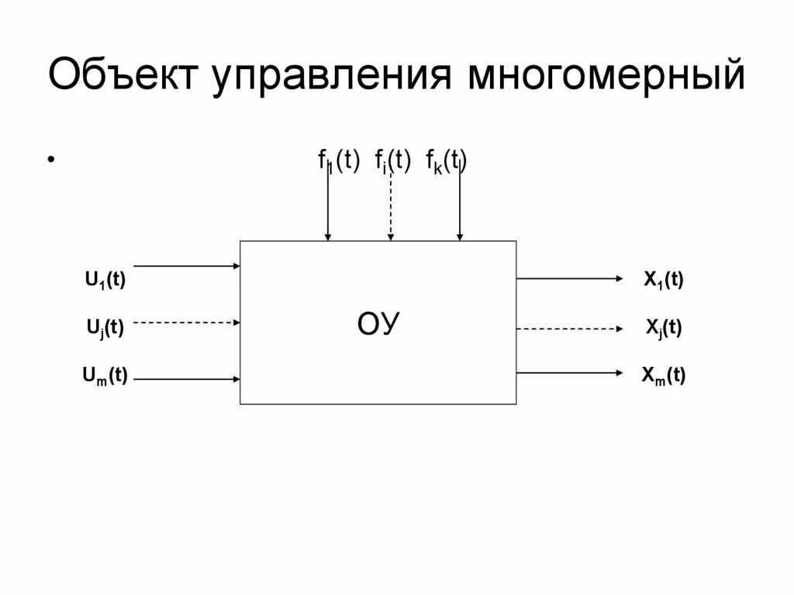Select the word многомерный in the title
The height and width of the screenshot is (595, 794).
[x=606, y=79]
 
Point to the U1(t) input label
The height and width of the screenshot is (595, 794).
[x=105, y=280]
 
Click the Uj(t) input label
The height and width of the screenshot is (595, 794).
[x=105, y=327]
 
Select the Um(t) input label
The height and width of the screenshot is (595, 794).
[x=105, y=376]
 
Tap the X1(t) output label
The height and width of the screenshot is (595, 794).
[x=663, y=280]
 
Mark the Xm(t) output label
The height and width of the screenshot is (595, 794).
[x=663, y=376]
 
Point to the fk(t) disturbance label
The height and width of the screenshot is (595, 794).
[x=446, y=161]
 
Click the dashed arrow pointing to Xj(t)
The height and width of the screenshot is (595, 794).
[x=570, y=329]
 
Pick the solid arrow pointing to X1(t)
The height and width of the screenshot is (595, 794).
[x=570, y=278]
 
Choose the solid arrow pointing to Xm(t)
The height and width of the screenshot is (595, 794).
[x=570, y=373]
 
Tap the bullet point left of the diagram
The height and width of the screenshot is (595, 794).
[x=51, y=160]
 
